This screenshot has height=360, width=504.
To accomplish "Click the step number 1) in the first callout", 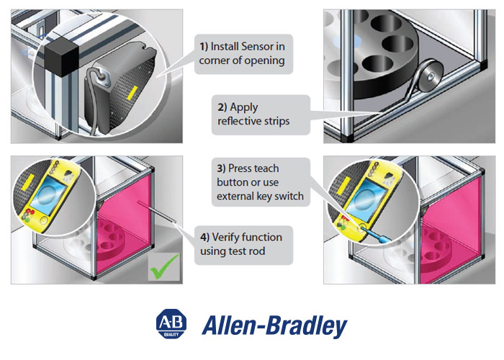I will tap(204, 46).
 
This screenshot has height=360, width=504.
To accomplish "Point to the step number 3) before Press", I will tap(222, 168).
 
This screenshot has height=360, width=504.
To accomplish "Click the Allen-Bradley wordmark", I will tap(273, 325).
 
